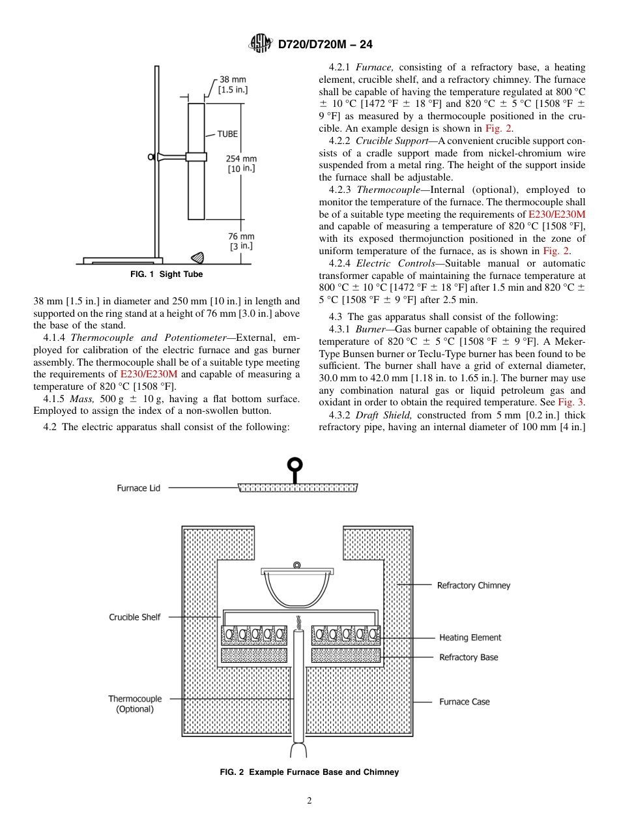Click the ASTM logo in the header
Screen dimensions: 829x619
[260, 44]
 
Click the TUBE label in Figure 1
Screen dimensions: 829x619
[227, 134]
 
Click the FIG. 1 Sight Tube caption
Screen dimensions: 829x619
[166, 274]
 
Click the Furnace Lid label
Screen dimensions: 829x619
[138, 487]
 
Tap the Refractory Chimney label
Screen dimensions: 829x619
[473, 585]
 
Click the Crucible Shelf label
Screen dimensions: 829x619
[134, 617]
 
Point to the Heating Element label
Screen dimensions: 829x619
[470, 637]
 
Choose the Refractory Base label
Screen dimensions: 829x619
[468, 657]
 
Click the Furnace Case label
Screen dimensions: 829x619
[464, 702]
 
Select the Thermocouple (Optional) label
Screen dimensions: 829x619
[135, 704]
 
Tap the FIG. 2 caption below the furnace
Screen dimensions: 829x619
[309, 772]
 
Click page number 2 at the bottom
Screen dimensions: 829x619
[309, 801]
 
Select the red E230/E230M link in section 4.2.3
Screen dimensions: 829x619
[556, 214]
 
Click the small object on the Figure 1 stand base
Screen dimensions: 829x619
[196, 256]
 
